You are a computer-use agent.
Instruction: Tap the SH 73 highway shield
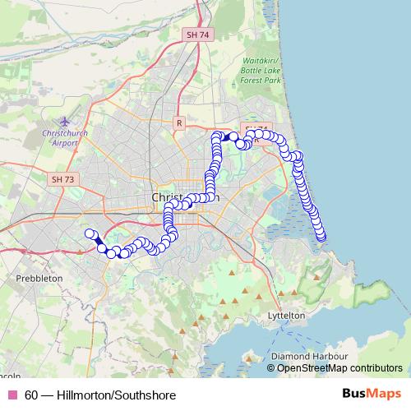tap(62, 178)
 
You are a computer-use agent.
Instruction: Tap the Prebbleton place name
tap(39, 279)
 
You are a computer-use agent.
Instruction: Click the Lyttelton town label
tap(286, 315)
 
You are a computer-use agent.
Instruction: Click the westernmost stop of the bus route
tap(90, 233)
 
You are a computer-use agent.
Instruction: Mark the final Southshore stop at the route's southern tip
tap(321, 238)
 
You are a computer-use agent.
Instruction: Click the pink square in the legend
tap(12, 395)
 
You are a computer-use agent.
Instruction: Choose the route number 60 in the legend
tap(31, 395)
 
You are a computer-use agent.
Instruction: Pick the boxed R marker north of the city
tap(178, 122)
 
